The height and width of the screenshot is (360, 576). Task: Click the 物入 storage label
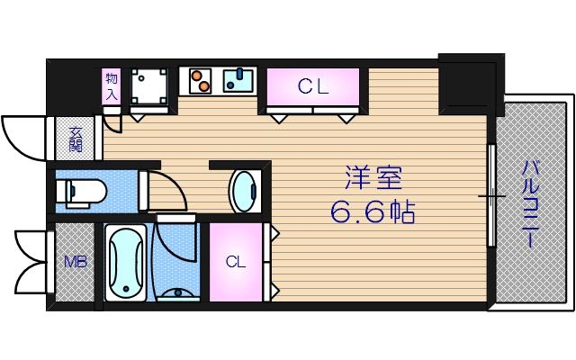tap(112, 85)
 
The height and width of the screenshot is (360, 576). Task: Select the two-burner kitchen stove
tap(202, 82)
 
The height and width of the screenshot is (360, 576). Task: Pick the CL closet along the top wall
tap(313, 87)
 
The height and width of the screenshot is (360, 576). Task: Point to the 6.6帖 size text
tap(372, 214)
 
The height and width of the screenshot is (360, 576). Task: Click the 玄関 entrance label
tap(76, 139)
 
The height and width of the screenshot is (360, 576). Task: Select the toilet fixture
tap(79, 190)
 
